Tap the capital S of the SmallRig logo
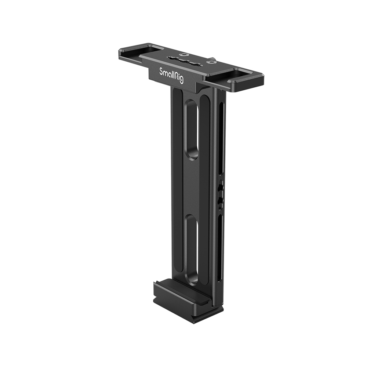tap(161, 71)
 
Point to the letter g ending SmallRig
tap(181, 80)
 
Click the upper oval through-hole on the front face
tap(192, 130)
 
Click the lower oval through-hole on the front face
tap(192, 249)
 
